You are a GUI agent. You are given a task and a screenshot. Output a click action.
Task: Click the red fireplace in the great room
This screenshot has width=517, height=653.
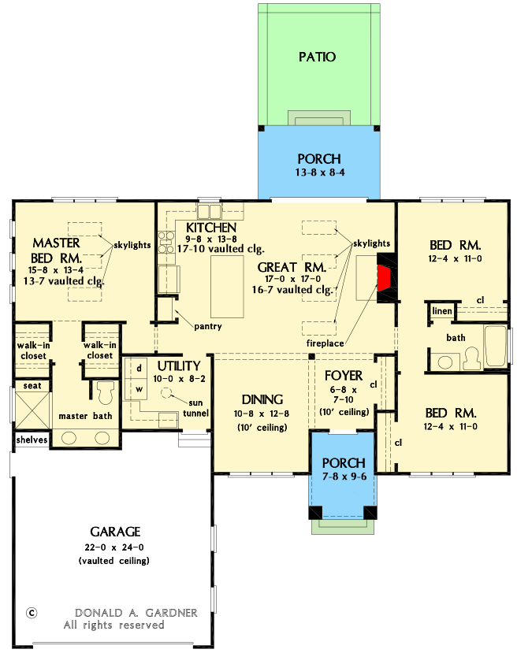385,278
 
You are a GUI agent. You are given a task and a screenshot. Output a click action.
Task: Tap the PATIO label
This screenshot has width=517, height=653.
318,57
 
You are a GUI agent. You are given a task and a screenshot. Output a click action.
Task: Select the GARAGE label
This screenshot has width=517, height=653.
114,531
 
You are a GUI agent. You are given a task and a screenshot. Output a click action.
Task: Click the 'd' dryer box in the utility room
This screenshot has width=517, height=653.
139,368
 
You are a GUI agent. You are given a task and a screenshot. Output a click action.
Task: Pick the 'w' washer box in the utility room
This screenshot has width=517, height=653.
139,388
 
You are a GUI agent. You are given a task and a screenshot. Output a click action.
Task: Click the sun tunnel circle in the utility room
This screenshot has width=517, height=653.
167,391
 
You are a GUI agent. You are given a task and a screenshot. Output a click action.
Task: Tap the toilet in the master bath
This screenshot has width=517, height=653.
105,391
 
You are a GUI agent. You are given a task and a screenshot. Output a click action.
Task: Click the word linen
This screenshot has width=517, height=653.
441,311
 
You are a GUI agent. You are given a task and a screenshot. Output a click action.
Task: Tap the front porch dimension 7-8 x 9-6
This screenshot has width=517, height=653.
344,477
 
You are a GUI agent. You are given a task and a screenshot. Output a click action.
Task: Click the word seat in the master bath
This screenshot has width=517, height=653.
31,385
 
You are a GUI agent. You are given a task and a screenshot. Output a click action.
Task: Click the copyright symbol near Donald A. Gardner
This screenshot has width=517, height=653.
32,612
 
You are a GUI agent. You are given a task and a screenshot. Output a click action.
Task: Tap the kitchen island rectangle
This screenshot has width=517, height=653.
226,283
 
